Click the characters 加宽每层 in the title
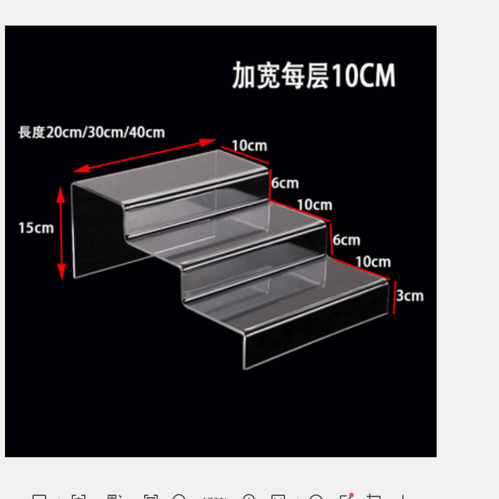281,76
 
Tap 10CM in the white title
364,76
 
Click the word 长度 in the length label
32,132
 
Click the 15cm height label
36,228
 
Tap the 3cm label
410,295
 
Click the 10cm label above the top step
249,145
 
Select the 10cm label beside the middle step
314,205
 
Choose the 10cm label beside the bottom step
373,261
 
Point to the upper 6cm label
284,183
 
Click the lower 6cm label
346,240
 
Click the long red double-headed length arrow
145,155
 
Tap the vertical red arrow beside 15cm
61,232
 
